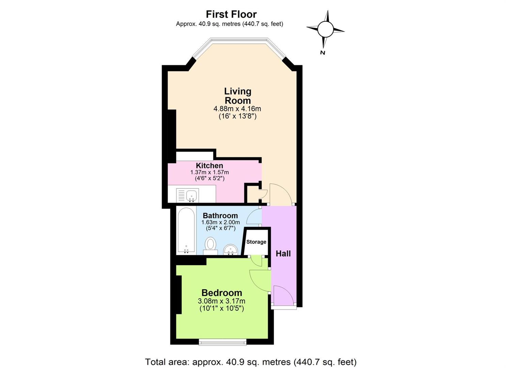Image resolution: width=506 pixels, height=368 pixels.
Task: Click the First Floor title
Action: (231, 14)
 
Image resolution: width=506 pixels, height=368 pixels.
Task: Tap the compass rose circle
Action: (325, 29)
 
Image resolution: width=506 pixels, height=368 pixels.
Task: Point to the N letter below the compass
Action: (322, 53)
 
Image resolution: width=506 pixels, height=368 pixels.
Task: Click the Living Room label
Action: (238, 96)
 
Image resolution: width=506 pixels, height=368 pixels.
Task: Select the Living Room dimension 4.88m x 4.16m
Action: (237, 109)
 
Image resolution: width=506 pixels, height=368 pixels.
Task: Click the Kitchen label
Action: (209, 166)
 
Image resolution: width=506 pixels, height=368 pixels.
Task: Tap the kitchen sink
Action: (188, 195)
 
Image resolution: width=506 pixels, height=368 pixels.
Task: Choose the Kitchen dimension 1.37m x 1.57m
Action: (209, 172)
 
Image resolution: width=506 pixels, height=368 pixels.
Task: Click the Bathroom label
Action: (220, 215)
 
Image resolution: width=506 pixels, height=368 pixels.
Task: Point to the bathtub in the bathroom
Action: (186, 231)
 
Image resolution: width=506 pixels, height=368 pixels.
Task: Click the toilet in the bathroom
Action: (210, 245)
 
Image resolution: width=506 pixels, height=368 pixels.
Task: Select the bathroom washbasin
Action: (231, 249)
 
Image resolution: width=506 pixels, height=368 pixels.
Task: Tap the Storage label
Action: (256, 242)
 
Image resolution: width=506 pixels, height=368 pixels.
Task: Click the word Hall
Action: (283, 254)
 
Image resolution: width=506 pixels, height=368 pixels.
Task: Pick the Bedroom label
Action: (222, 293)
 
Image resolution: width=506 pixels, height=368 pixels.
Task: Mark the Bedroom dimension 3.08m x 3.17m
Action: (221, 301)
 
